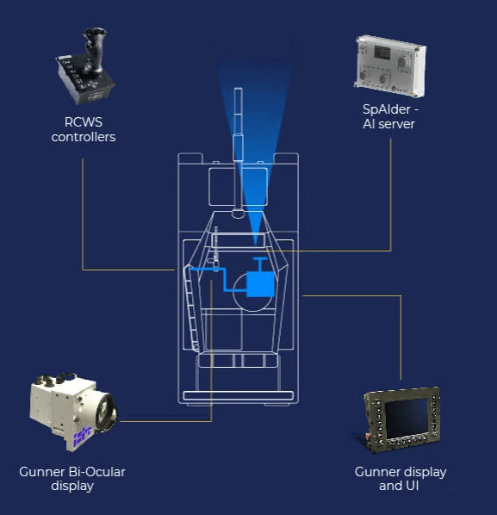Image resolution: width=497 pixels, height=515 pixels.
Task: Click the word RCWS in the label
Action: pos(84,122)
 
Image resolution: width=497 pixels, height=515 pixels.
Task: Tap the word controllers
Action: pos(84,137)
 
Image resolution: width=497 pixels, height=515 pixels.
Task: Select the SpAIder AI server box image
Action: pos(390,66)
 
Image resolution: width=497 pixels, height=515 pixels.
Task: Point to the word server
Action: pos(396,124)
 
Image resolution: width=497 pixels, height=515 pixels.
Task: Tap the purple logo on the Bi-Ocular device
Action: pos(82,436)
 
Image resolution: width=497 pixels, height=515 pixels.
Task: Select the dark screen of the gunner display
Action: pos(407,418)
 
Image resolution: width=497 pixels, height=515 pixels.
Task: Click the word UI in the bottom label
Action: pos(412,486)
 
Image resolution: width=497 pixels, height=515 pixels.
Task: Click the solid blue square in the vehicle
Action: pos(260,284)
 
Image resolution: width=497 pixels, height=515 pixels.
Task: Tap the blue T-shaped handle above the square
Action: pos(260,264)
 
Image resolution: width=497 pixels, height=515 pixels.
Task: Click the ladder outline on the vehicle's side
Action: pos(191,308)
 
